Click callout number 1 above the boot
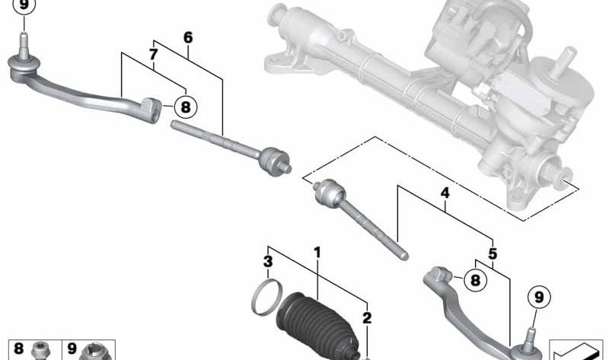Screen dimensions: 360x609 pos(317,252)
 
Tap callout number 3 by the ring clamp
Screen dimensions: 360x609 pos(267,262)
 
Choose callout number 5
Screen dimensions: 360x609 pos(493,253)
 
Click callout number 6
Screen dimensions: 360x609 pos(188,37)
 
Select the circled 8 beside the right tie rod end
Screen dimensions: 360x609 pos(475,280)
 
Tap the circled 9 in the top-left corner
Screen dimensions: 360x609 pos(24,6)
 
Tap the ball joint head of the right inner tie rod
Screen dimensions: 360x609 pos(326,193)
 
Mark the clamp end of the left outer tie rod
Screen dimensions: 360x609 pos(151,108)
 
